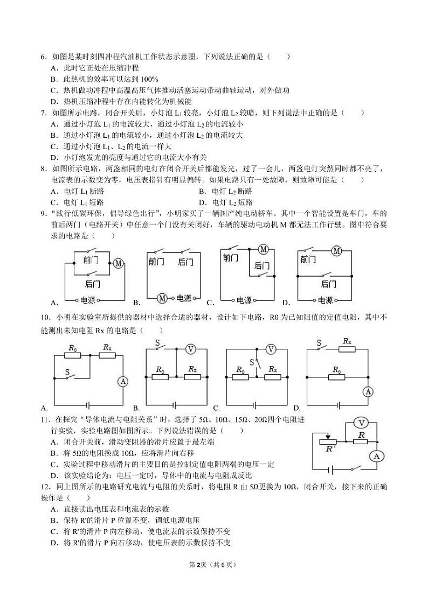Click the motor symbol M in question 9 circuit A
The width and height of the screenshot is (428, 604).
click(118, 263)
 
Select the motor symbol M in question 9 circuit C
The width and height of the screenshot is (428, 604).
click(264, 249)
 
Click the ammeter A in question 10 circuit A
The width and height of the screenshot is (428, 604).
click(123, 382)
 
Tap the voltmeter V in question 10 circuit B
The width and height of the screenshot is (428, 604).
click(190, 349)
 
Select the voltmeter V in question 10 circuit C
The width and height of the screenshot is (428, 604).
click(271, 349)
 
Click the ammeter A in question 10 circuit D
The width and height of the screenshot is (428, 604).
click(368, 391)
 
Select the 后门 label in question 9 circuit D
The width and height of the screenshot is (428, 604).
click(328, 284)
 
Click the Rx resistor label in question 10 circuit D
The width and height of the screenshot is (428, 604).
click(347, 341)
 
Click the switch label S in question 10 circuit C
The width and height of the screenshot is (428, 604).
click(251, 362)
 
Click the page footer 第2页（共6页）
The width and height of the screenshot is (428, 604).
click(213, 565)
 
